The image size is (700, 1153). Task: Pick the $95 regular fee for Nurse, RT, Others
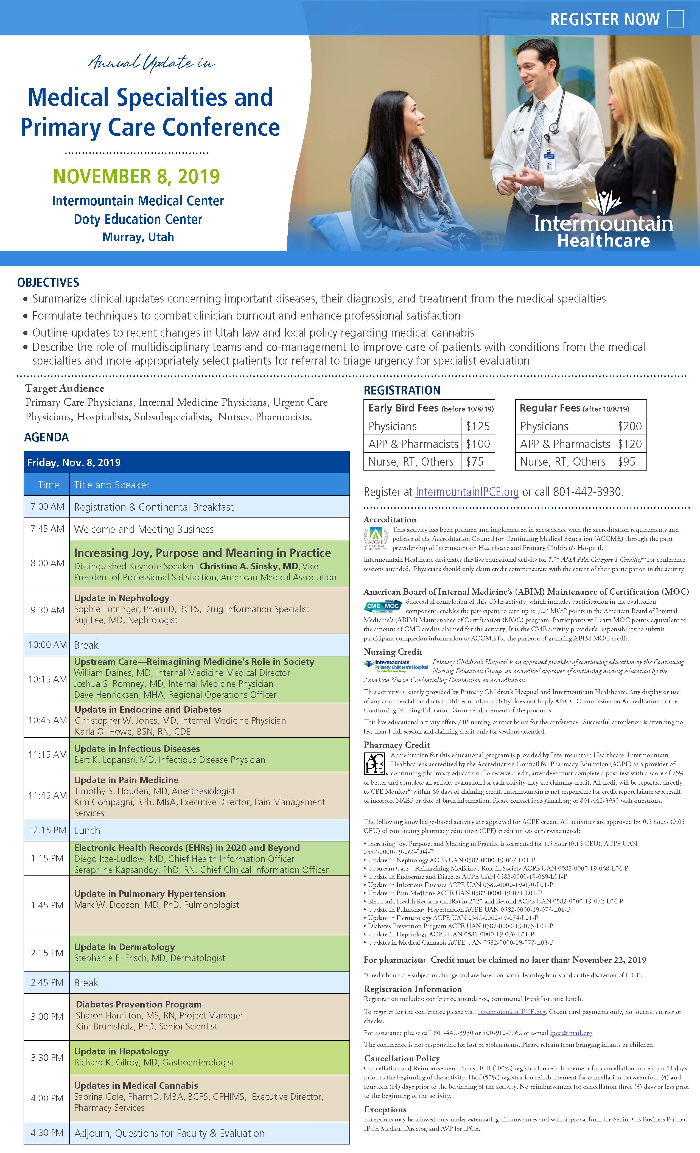(x=626, y=462)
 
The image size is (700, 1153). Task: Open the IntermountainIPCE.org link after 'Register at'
(x=467, y=492)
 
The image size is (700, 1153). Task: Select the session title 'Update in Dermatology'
(x=124, y=947)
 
